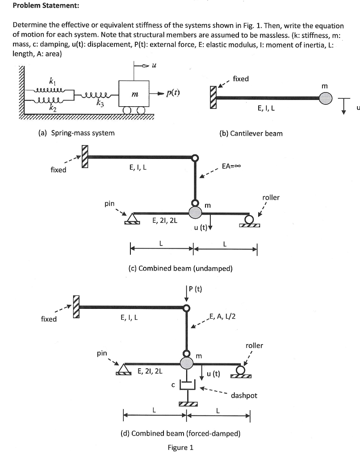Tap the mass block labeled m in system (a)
(x=134, y=93)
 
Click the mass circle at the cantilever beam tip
(x=326, y=99)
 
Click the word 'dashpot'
(x=244, y=395)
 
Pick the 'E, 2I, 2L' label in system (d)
(x=150, y=370)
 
